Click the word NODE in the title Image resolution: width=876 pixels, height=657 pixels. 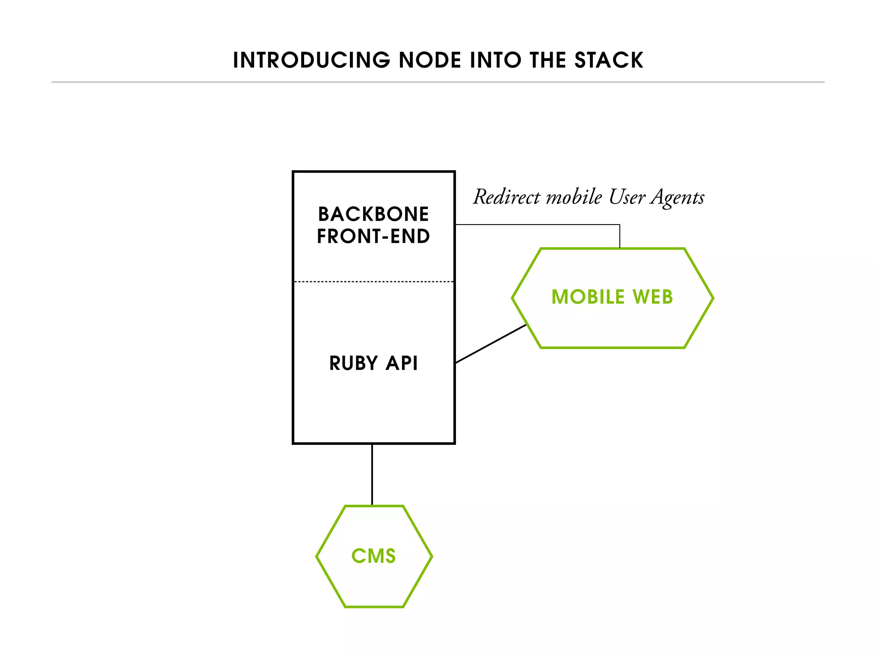tap(430, 60)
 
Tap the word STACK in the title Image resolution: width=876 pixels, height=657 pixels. tap(609, 60)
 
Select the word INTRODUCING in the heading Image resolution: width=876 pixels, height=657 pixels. tap(311, 60)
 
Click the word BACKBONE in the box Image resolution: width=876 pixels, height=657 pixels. tap(373, 214)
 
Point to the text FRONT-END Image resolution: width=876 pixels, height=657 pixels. tap(373, 237)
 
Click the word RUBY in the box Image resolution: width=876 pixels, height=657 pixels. tap(354, 364)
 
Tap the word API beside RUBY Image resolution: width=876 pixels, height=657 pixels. tap(402, 364)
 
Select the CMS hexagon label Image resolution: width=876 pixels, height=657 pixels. tap(373, 556)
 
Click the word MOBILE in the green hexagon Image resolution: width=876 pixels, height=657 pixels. tap(588, 297)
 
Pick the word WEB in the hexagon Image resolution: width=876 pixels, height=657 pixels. tap(653, 297)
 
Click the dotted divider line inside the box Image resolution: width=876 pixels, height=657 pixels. tap(373, 282)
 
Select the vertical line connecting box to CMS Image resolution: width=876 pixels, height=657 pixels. tap(372, 475)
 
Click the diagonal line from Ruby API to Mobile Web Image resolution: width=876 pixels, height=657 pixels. tap(491, 344)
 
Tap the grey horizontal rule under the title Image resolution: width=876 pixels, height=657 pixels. tap(438, 82)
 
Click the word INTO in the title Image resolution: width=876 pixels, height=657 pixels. tap(496, 60)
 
